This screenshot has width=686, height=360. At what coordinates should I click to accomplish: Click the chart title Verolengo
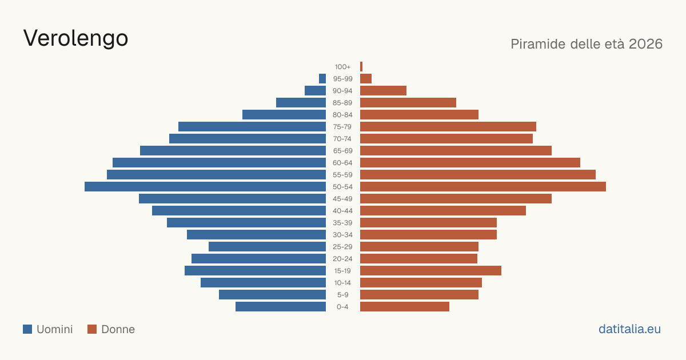point(75,38)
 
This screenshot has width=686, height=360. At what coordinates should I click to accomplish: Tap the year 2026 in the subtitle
point(645,44)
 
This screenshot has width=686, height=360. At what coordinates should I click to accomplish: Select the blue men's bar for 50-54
point(205,187)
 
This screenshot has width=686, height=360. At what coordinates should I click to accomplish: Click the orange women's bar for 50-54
point(483,187)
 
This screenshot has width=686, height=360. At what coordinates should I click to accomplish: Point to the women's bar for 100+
point(361,67)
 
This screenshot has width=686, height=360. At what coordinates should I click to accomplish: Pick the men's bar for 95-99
point(322,79)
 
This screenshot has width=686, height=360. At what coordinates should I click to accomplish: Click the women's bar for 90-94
point(383,91)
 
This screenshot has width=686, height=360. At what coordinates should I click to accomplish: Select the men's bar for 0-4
point(281,307)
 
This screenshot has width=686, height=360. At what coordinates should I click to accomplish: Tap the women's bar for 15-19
point(430,271)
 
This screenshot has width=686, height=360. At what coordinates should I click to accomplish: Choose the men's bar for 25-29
point(268,247)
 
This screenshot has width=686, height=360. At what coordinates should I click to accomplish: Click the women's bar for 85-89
point(408,102)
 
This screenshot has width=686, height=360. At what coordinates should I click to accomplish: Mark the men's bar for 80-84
point(284,115)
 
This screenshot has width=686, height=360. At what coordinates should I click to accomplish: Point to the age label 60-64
point(342,163)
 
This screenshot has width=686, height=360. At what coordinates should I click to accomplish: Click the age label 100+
point(342,67)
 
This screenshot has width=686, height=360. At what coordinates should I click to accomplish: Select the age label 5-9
point(342,295)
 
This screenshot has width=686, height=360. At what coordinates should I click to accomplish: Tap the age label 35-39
point(342,223)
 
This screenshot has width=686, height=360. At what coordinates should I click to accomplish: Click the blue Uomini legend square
point(27,329)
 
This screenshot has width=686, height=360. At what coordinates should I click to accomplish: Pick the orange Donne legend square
point(92,329)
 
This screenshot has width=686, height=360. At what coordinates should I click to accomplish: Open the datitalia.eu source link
point(629,329)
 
